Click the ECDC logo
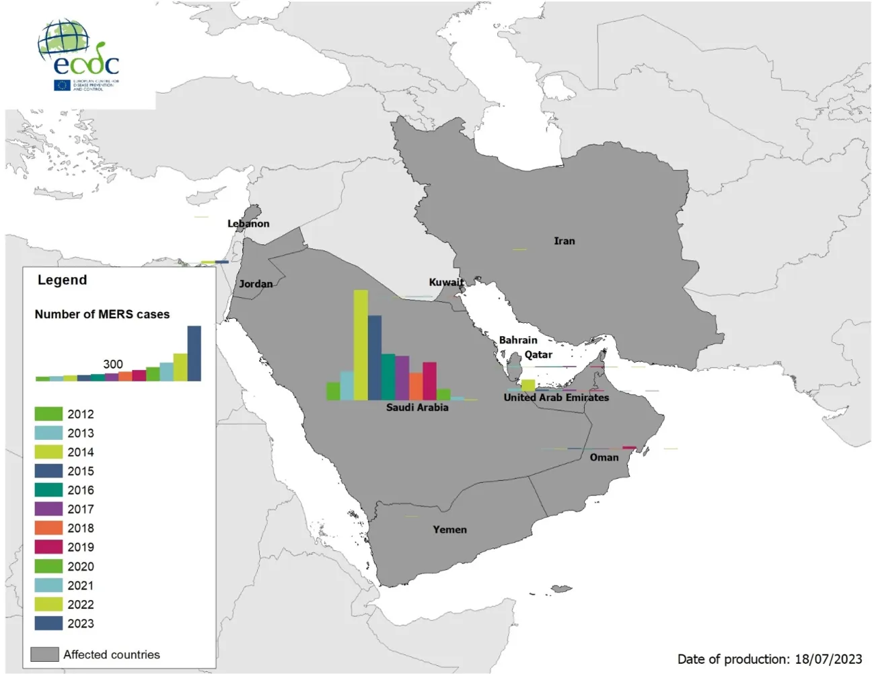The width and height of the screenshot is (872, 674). click(78, 55)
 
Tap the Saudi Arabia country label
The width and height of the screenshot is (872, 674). click(416, 408)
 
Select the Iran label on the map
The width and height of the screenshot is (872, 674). click(564, 241)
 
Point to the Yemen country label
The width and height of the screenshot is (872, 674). click(449, 529)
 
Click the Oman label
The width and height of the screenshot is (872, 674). click(604, 457)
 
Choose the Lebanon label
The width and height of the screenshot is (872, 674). click(248, 223)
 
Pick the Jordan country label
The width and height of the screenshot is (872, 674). click(256, 284)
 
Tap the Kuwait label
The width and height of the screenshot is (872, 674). click(446, 283)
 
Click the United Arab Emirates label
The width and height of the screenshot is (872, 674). click(556, 398)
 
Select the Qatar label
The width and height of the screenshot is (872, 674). click(538, 354)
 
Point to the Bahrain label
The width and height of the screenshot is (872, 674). click(517, 340)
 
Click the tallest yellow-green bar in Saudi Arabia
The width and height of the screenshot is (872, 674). click(361, 344)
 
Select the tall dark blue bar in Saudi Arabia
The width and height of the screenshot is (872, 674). click(375, 357)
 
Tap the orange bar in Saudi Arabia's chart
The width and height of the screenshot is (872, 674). click(416, 386)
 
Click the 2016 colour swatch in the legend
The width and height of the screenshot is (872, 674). click(48, 490)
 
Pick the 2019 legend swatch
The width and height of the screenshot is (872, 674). click(48, 548)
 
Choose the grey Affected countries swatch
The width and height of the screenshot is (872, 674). click(44, 654)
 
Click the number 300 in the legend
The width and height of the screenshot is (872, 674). click(113, 364)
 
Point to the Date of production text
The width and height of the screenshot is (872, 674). click(769, 659)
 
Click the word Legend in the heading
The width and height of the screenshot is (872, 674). click(62, 280)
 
